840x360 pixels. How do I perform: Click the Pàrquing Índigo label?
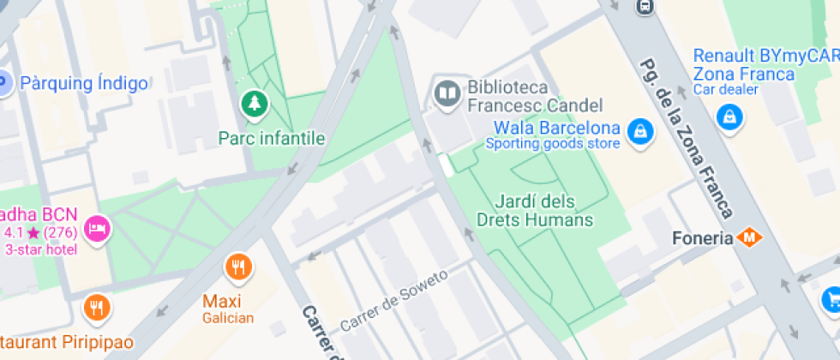(x=84, y=84)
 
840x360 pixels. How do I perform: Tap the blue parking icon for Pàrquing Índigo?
(x=3, y=84)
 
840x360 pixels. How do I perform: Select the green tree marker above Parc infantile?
(x=255, y=105)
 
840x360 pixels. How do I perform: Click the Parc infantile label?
(x=272, y=137)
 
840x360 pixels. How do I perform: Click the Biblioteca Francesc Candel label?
(x=535, y=96)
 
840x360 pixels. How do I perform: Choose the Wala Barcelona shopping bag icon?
(x=639, y=130)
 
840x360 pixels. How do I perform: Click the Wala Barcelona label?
(x=557, y=129)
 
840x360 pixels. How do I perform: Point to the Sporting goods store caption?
(x=553, y=144)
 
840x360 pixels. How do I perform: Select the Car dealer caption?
(x=725, y=89)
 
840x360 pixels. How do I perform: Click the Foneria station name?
(x=702, y=237)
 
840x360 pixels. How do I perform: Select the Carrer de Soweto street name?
(x=394, y=301)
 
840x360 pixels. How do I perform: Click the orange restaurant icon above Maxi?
(x=238, y=267)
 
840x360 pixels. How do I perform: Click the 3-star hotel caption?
(x=41, y=249)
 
